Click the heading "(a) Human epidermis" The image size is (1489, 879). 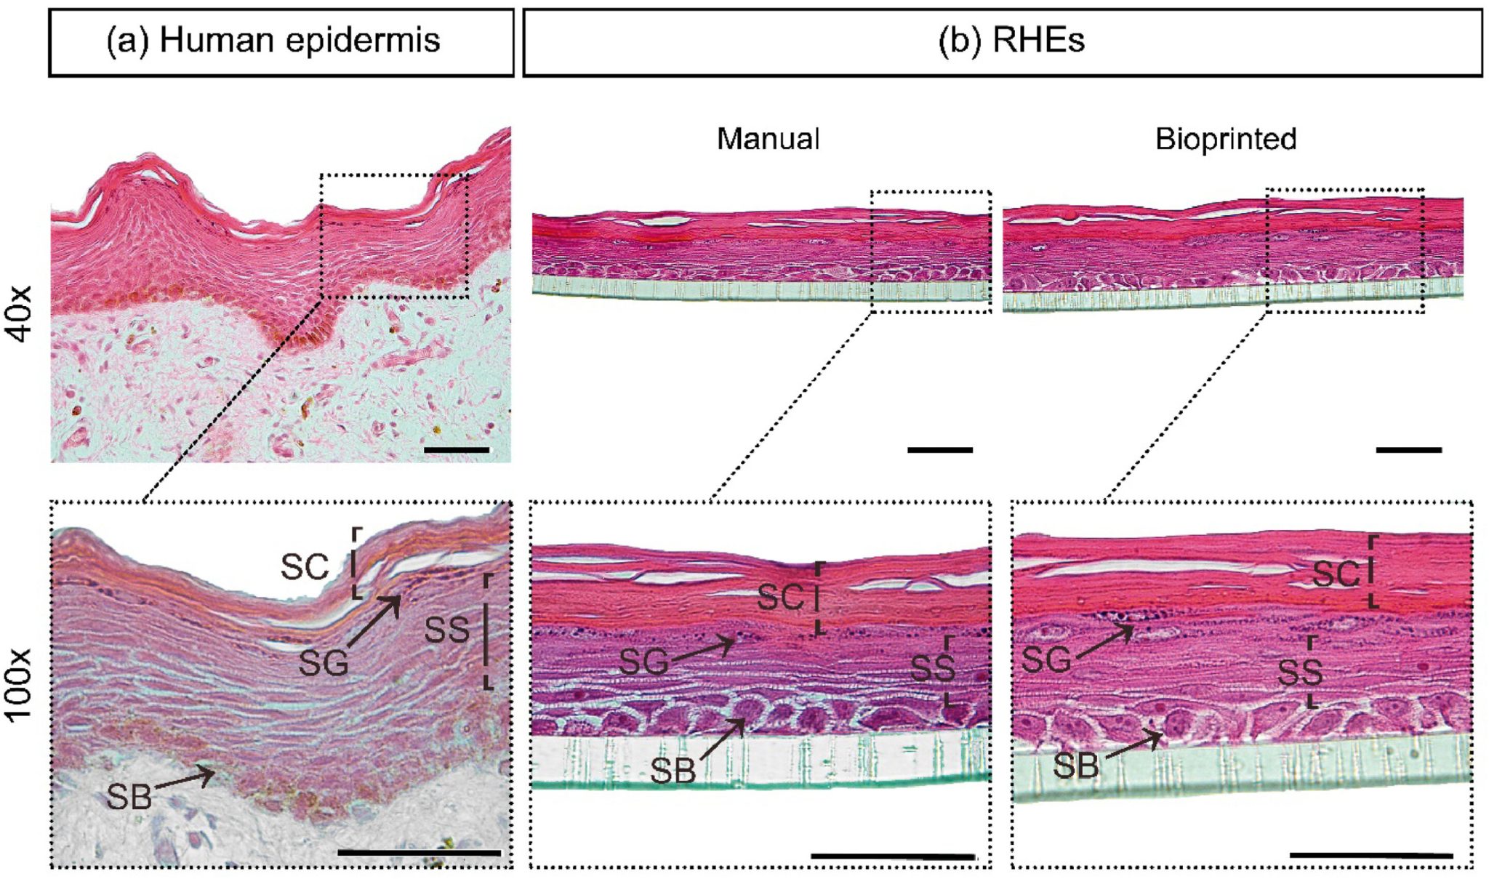[x=273, y=40]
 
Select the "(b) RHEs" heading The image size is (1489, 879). [x=1011, y=40]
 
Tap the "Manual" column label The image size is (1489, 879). [x=768, y=139]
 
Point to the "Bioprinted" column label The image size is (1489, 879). [x=1226, y=139]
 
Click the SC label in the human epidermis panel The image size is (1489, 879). [x=305, y=567]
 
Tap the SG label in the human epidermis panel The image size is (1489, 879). [x=324, y=663]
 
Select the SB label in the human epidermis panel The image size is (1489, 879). [x=129, y=797]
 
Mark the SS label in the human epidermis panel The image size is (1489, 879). [x=446, y=630]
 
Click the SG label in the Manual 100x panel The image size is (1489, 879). [x=643, y=662]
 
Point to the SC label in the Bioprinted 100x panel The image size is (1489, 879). [x=1336, y=575]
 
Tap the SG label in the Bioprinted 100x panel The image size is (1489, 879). [x=1046, y=660]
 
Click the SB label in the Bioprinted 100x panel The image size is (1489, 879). [x=1076, y=766]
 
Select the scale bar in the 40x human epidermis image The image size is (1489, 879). [x=457, y=450]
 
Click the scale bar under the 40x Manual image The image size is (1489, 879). [x=940, y=450]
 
